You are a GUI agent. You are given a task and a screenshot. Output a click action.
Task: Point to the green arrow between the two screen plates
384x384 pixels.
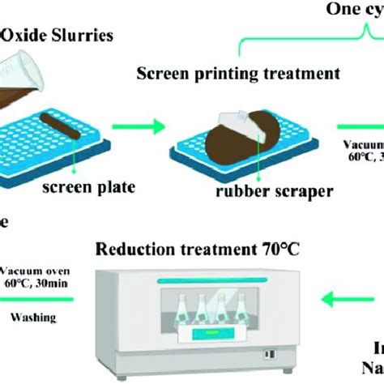(x=143, y=125)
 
